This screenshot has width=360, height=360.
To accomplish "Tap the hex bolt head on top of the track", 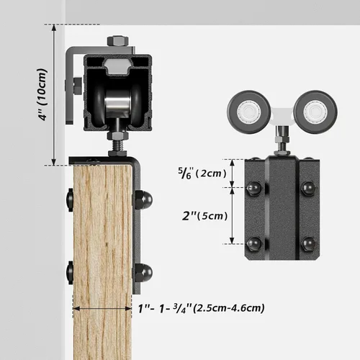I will [x=117, y=42].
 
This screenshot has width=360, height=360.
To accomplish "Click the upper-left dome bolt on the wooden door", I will [x=71, y=199].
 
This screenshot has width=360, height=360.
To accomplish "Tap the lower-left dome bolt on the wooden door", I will [x=71, y=272].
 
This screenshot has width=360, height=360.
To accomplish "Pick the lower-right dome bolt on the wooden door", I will [x=144, y=271].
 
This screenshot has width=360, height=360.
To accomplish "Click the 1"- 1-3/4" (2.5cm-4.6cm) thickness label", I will [x=200, y=308].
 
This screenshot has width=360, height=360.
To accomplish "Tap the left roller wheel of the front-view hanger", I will [x=246, y=109].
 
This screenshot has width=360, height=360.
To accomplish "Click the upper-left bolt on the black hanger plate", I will [x=253, y=189].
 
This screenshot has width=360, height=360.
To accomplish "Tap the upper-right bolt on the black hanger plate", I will [x=309, y=189].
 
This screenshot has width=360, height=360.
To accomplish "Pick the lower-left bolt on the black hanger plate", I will [x=253, y=243].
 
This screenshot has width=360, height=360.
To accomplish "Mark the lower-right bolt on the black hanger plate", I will [x=309, y=243].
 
